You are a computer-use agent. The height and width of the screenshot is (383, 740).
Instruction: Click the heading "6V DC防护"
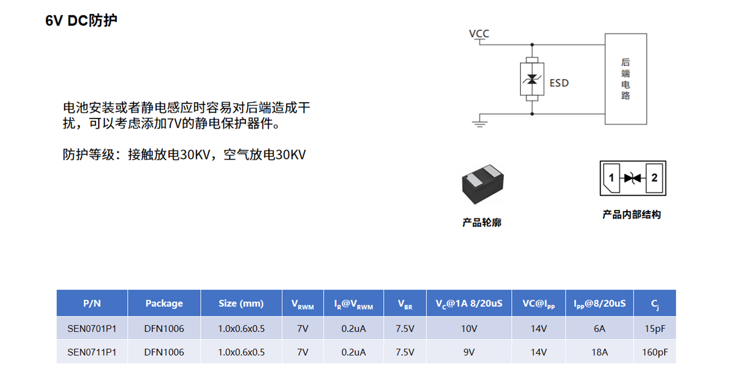point(81,20)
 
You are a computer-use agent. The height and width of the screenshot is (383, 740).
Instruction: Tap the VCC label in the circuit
point(479,34)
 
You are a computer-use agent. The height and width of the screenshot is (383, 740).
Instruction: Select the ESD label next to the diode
point(559,83)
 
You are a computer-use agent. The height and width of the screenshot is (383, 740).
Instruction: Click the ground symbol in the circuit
point(480,121)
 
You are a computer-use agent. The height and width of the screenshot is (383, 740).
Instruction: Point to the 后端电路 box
point(626,79)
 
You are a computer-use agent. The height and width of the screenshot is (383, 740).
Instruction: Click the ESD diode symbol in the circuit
point(532,79)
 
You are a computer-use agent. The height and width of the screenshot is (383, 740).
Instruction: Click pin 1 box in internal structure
point(611,178)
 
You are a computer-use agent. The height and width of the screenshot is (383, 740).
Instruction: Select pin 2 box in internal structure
point(654,178)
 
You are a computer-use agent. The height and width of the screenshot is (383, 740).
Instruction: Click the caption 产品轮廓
point(481,222)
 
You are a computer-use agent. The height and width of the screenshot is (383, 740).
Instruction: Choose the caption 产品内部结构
point(631,215)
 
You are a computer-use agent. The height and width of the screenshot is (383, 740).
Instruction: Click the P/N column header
point(92,303)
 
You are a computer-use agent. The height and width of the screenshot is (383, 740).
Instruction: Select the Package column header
point(164,303)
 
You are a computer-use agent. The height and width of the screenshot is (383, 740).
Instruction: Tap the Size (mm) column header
point(241,303)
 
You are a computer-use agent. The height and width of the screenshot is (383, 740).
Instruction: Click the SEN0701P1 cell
point(92,328)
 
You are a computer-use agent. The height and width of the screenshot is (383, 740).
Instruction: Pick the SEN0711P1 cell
point(92,352)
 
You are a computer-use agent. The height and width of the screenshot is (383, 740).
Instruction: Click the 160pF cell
point(655,352)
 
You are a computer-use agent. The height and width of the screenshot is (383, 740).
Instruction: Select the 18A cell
point(599,352)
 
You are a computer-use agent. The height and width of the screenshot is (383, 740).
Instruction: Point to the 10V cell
point(469,328)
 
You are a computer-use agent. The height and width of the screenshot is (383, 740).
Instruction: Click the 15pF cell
point(655,328)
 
